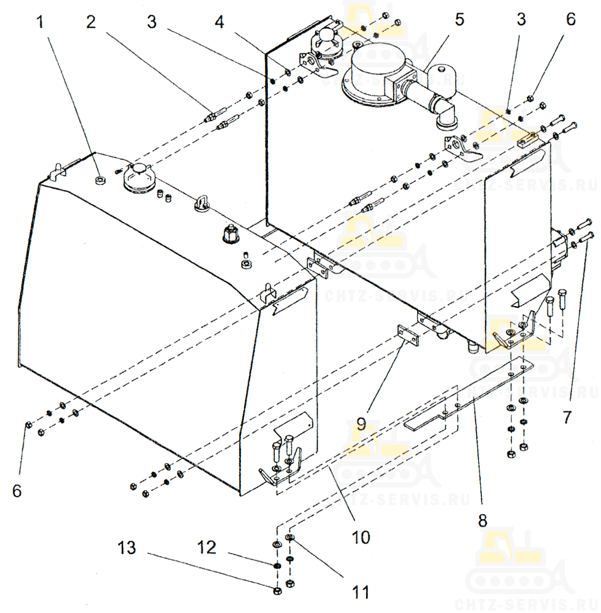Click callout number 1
pos(40,23)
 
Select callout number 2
pos(91,22)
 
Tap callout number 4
pos(220,23)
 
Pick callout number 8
pos(483,520)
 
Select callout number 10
pos(361,537)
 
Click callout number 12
pos(207,547)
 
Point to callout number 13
pos(127,547)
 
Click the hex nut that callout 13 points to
pos(277,590)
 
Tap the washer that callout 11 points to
pos(290,539)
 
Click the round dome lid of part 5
pos(373,61)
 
